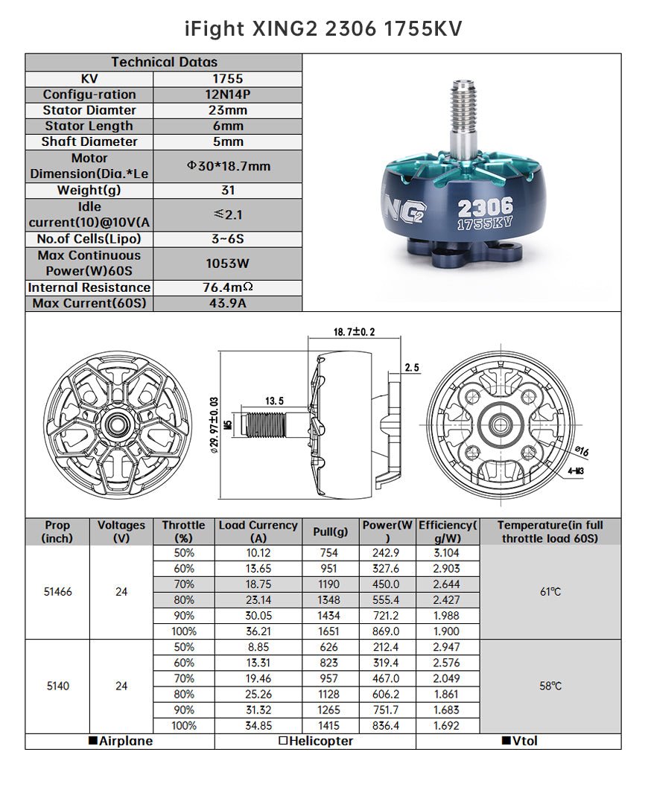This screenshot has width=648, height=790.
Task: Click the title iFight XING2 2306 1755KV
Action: click(323, 28)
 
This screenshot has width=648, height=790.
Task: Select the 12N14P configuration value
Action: click(227, 95)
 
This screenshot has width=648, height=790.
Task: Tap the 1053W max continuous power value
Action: click(227, 264)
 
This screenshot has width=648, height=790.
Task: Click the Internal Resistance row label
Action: click(89, 287)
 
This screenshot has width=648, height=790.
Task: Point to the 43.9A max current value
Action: click(227, 304)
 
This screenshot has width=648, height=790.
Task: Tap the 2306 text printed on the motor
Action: click(485, 206)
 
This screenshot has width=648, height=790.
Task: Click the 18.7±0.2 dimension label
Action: click(355, 331)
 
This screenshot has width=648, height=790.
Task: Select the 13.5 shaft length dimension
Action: click(274, 401)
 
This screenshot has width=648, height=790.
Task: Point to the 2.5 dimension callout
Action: click(411, 368)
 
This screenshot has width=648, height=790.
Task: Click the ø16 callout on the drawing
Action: click(582, 452)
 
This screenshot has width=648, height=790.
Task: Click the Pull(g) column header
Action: click(330, 532)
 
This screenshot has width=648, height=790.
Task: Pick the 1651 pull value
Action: click(329, 631)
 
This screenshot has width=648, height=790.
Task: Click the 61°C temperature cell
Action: click(550, 592)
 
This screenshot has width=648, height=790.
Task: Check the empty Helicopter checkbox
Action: click(283, 741)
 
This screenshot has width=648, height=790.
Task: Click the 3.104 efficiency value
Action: click(446, 552)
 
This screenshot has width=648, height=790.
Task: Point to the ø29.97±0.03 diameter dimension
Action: click(215, 424)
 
